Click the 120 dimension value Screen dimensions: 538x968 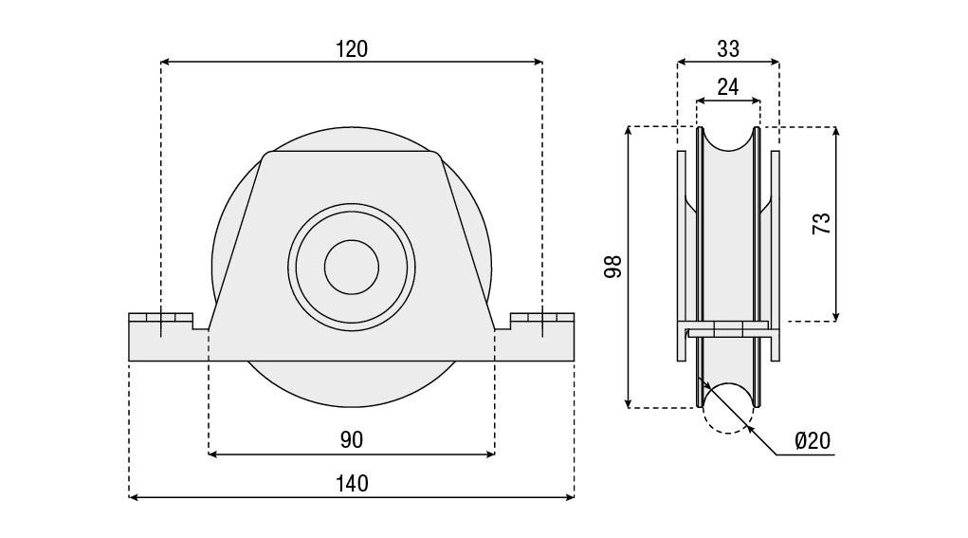(351, 48)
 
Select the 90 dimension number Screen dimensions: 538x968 (351, 439)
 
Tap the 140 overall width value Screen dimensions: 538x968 (351, 483)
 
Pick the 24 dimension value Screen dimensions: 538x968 (728, 87)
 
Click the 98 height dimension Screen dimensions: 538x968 (613, 267)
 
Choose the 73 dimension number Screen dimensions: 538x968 (822, 224)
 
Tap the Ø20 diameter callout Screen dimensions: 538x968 (813, 440)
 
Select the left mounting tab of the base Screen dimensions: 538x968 (161, 337)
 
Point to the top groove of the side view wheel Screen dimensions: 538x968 (728, 139)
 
